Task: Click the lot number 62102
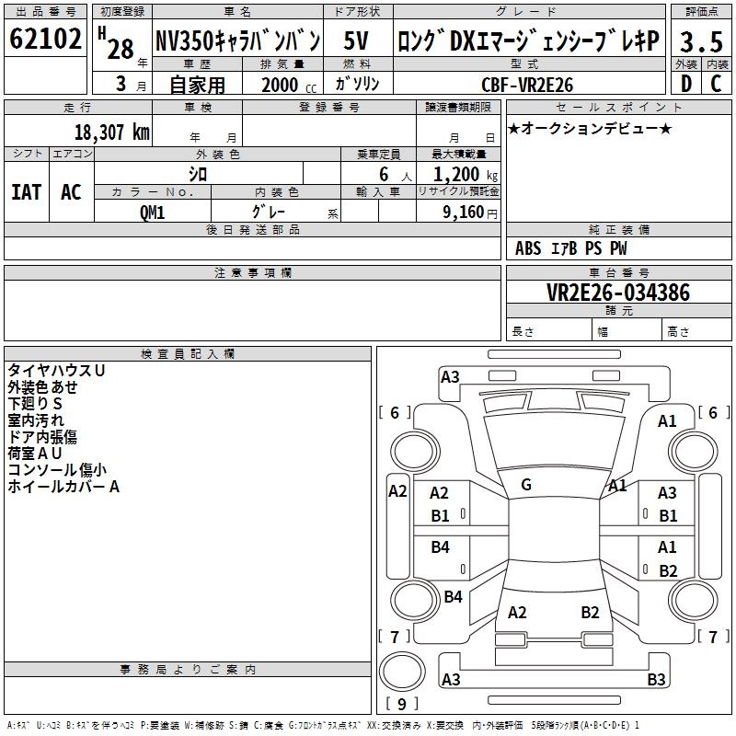tap(45, 38)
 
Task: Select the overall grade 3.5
tap(701, 41)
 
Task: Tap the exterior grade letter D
tap(686, 84)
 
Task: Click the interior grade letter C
tap(716, 84)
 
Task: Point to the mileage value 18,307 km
tap(112, 132)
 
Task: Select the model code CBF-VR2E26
tap(527, 85)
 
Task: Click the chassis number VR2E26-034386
tap(618, 293)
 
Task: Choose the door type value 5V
tap(356, 40)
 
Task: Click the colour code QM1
tap(152, 213)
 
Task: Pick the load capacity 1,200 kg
tap(466, 175)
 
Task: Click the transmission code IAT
tap(27, 192)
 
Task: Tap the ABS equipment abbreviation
tap(528, 248)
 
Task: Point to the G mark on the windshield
tap(526, 485)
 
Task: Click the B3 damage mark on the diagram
tap(656, 679)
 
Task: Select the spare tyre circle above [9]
tap(402, 672)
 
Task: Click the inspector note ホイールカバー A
tap(63, 487)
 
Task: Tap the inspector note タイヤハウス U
tap(56, 371)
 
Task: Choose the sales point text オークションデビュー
tap(590, 128)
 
